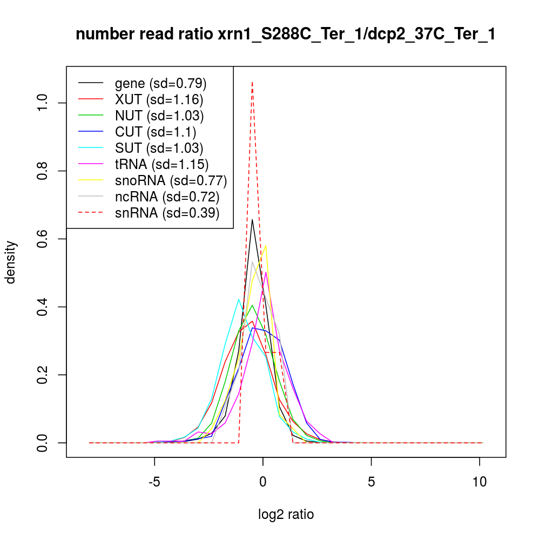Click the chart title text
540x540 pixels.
(286, 35)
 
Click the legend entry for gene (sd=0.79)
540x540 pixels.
(161, 84)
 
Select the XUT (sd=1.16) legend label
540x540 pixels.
(159, 100)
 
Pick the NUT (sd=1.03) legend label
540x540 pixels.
(159, 116)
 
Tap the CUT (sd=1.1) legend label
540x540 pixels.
(156, 132)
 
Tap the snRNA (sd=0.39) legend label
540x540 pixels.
(167, 213)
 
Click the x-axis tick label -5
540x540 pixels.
(154, 481)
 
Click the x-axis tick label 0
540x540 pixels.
(263, 481)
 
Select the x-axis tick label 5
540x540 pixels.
(372, 481)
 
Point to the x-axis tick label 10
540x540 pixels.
(480, 481)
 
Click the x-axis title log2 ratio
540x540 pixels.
(286, 515)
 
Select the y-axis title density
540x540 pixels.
(12, 262)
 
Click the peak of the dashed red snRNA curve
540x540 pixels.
(252, 82)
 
